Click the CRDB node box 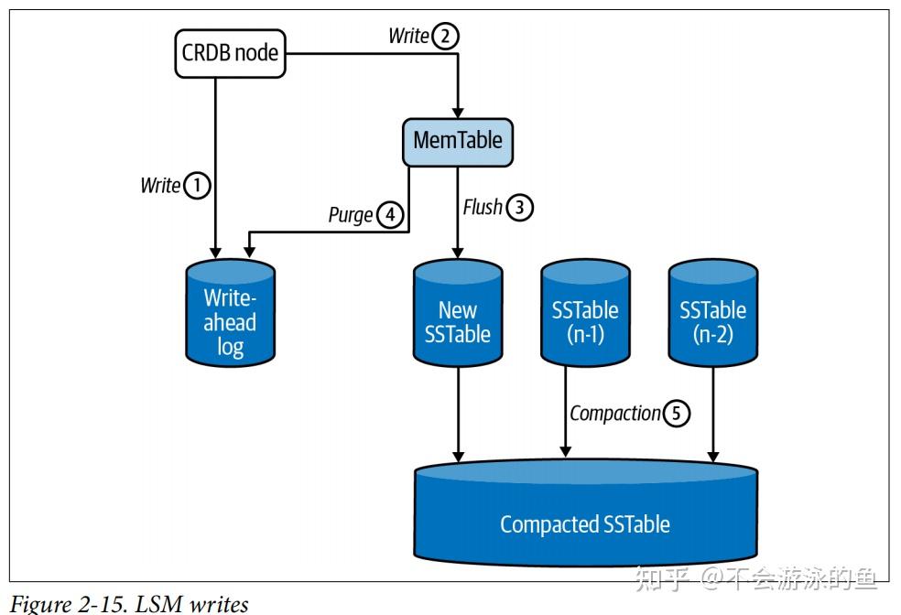(x=230, y=53)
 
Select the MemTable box (x=458, y=141)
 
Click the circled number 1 (x=197, y=186)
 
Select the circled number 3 (x=519, y=208)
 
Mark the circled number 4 (x=390, y=215)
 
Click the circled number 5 (x=676, y=414)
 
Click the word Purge (x=351, y=215)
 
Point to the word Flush (x=483, y=208)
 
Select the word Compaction (x=614, y=414)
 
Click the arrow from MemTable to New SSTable (x=457, y=210)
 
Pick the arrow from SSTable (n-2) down (x=713, y=412)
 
